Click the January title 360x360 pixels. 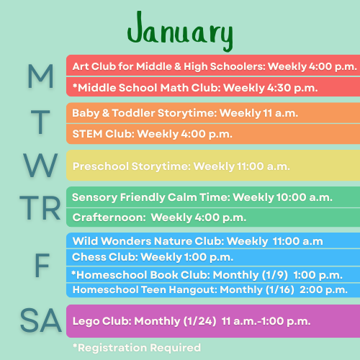(x=180, y=31)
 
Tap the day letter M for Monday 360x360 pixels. (x=40, y=76)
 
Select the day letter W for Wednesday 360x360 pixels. (x=40, y=166)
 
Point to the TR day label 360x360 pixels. (x=40, y=207)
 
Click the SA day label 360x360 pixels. (x=41, y=320)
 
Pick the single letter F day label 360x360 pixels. (x=42, y=266)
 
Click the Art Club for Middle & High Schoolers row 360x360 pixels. (x=213, y=66)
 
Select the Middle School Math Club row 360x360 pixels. (x=213, y=87)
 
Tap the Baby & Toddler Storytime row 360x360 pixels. (x=213, y=113)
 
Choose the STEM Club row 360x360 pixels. (x=213, y=134)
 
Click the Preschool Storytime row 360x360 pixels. (x=213, y=166)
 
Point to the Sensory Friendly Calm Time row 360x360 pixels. (x=213, y=197)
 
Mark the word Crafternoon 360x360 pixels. (x=109, y=217)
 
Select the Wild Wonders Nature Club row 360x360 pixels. (x=213, y=240)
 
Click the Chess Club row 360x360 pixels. (x=213, y=257)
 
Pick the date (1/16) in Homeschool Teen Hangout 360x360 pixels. (x=280, y=289)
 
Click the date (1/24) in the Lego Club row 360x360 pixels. (x=200, y=321)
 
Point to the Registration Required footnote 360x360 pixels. (x=137, y=348)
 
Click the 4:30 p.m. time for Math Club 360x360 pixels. (x=292, y=88)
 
